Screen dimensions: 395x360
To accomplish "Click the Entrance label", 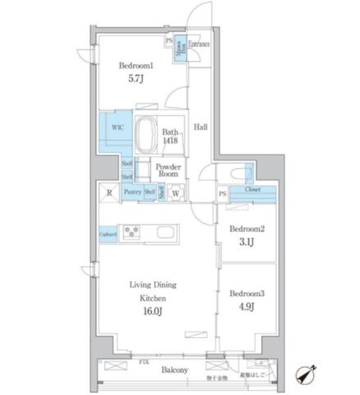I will [199, 44].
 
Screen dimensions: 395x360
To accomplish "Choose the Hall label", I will [200, 128].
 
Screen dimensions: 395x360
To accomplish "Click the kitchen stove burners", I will [132, 232].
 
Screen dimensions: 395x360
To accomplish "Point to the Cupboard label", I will [108, 232].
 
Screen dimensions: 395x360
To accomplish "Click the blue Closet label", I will [253, 192].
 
